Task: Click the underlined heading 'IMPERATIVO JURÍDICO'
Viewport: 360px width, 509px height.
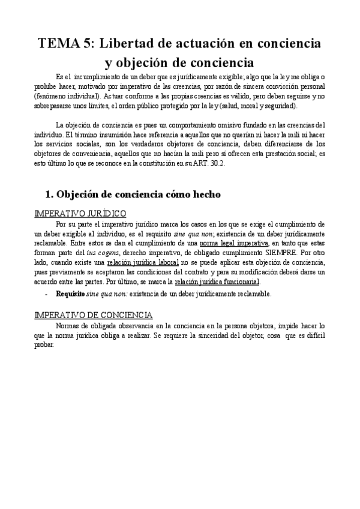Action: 80,214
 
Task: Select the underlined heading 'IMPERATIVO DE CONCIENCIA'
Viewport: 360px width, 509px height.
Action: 93,315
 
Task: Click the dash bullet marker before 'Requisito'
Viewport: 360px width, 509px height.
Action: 47,294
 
